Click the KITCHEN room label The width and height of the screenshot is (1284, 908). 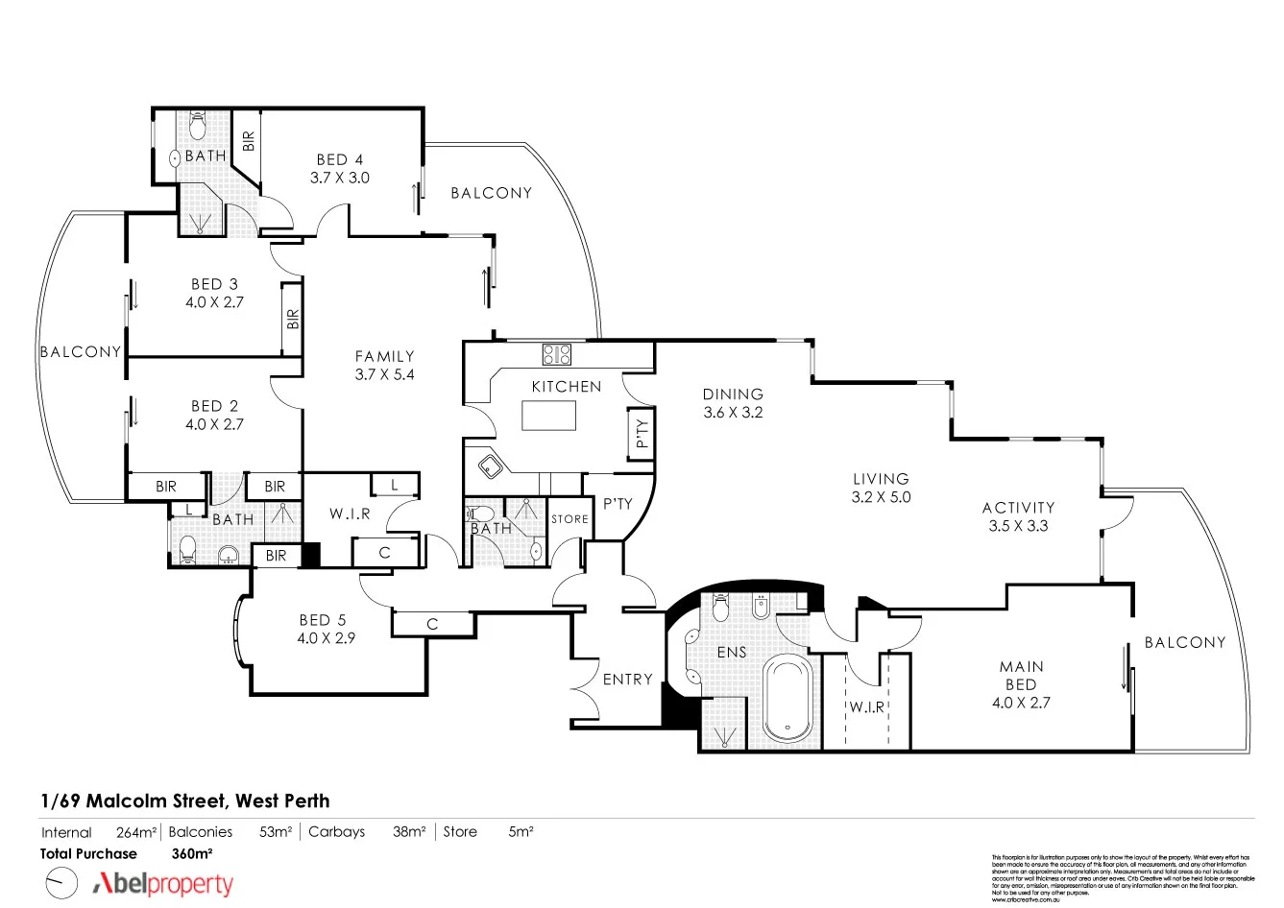coord(567,386)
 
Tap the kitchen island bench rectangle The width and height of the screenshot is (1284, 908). coord(549,416)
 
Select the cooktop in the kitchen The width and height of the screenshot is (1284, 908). coord(556,354)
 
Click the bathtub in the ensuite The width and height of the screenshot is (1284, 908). coord(787,699)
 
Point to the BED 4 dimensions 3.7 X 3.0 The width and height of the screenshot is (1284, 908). coord(339,178)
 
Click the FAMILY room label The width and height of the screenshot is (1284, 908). coord(384,356)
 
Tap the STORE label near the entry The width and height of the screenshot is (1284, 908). coord(569,519)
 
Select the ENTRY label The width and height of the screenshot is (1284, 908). coord(627,679)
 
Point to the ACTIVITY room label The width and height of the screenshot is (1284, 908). coord(1018,507)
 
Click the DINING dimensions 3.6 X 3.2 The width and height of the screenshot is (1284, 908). coord(733,412)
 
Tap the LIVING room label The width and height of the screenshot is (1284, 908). coord(881,478)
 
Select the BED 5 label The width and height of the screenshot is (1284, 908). coord(322,620)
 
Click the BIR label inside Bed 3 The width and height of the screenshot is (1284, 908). coord(293,319)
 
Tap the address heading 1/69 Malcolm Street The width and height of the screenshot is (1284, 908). coord(184,800)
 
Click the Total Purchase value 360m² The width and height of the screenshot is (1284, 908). coord(191,853)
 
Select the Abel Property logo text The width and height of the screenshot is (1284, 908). coord(162,884)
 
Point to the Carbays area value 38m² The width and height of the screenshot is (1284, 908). coord(408,832)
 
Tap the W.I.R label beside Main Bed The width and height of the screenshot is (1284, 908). coord(865,707)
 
